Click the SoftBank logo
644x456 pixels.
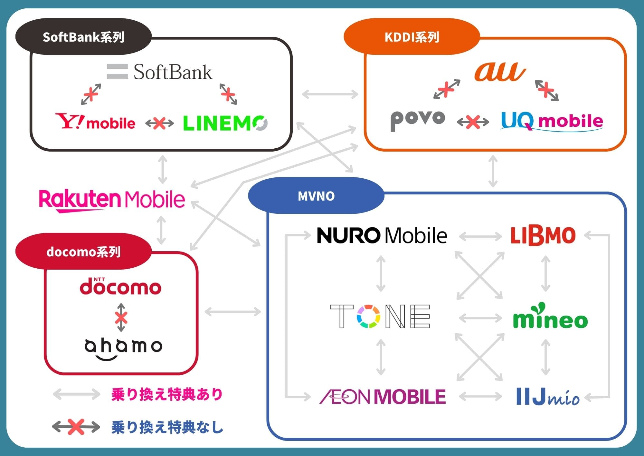point(160,72)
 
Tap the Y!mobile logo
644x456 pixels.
point(95,122)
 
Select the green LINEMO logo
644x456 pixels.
point(225,123)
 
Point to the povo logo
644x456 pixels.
point(418,120)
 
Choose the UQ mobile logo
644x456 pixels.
point(552,121)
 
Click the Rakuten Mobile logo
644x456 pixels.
point(112,200)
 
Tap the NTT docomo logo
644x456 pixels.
point(120,287)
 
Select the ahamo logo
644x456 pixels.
point(123,348)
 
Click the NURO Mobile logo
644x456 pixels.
point(382,235)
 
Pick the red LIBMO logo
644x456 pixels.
point(543,236)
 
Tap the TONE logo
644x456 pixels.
point(380,316)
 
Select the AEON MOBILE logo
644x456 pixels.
point(383,396)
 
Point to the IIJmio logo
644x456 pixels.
point(548,397)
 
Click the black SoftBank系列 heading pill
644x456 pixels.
point(83,37)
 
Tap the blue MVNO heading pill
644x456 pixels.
point(316,196)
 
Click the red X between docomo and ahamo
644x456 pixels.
point(121,318)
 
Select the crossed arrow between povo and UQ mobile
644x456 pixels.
point(473,122)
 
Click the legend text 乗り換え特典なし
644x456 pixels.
point(167,427)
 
